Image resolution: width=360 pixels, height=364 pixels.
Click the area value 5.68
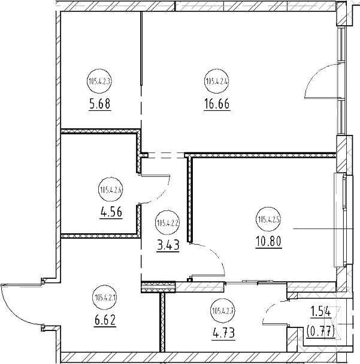(x=99, y=103)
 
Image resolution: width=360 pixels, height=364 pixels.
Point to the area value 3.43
(x=167, y=245)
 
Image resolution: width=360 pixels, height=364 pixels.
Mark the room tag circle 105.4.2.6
(x=110, y=191)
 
